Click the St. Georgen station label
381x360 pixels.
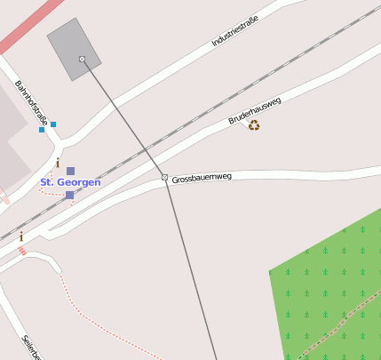[x=70, y=182]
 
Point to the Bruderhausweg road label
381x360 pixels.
[x=255, y=110]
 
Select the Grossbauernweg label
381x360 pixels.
[x=202, y=177]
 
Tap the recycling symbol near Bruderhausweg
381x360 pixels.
[x=254, y=125]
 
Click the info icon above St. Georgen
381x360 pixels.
[x=58, y=163]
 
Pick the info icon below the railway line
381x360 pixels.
[x=21, y=236]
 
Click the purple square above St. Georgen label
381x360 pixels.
[x=70, y=171]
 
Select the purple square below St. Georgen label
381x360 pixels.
[x=69, y=195]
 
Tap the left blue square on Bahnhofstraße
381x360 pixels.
[x=42, y=130]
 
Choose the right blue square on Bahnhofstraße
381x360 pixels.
[x=53, y=124]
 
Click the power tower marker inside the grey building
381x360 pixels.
[x=83, y=60]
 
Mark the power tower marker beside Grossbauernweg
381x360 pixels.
[x=164, y=178]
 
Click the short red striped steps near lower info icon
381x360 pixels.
[x=23, y=251]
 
